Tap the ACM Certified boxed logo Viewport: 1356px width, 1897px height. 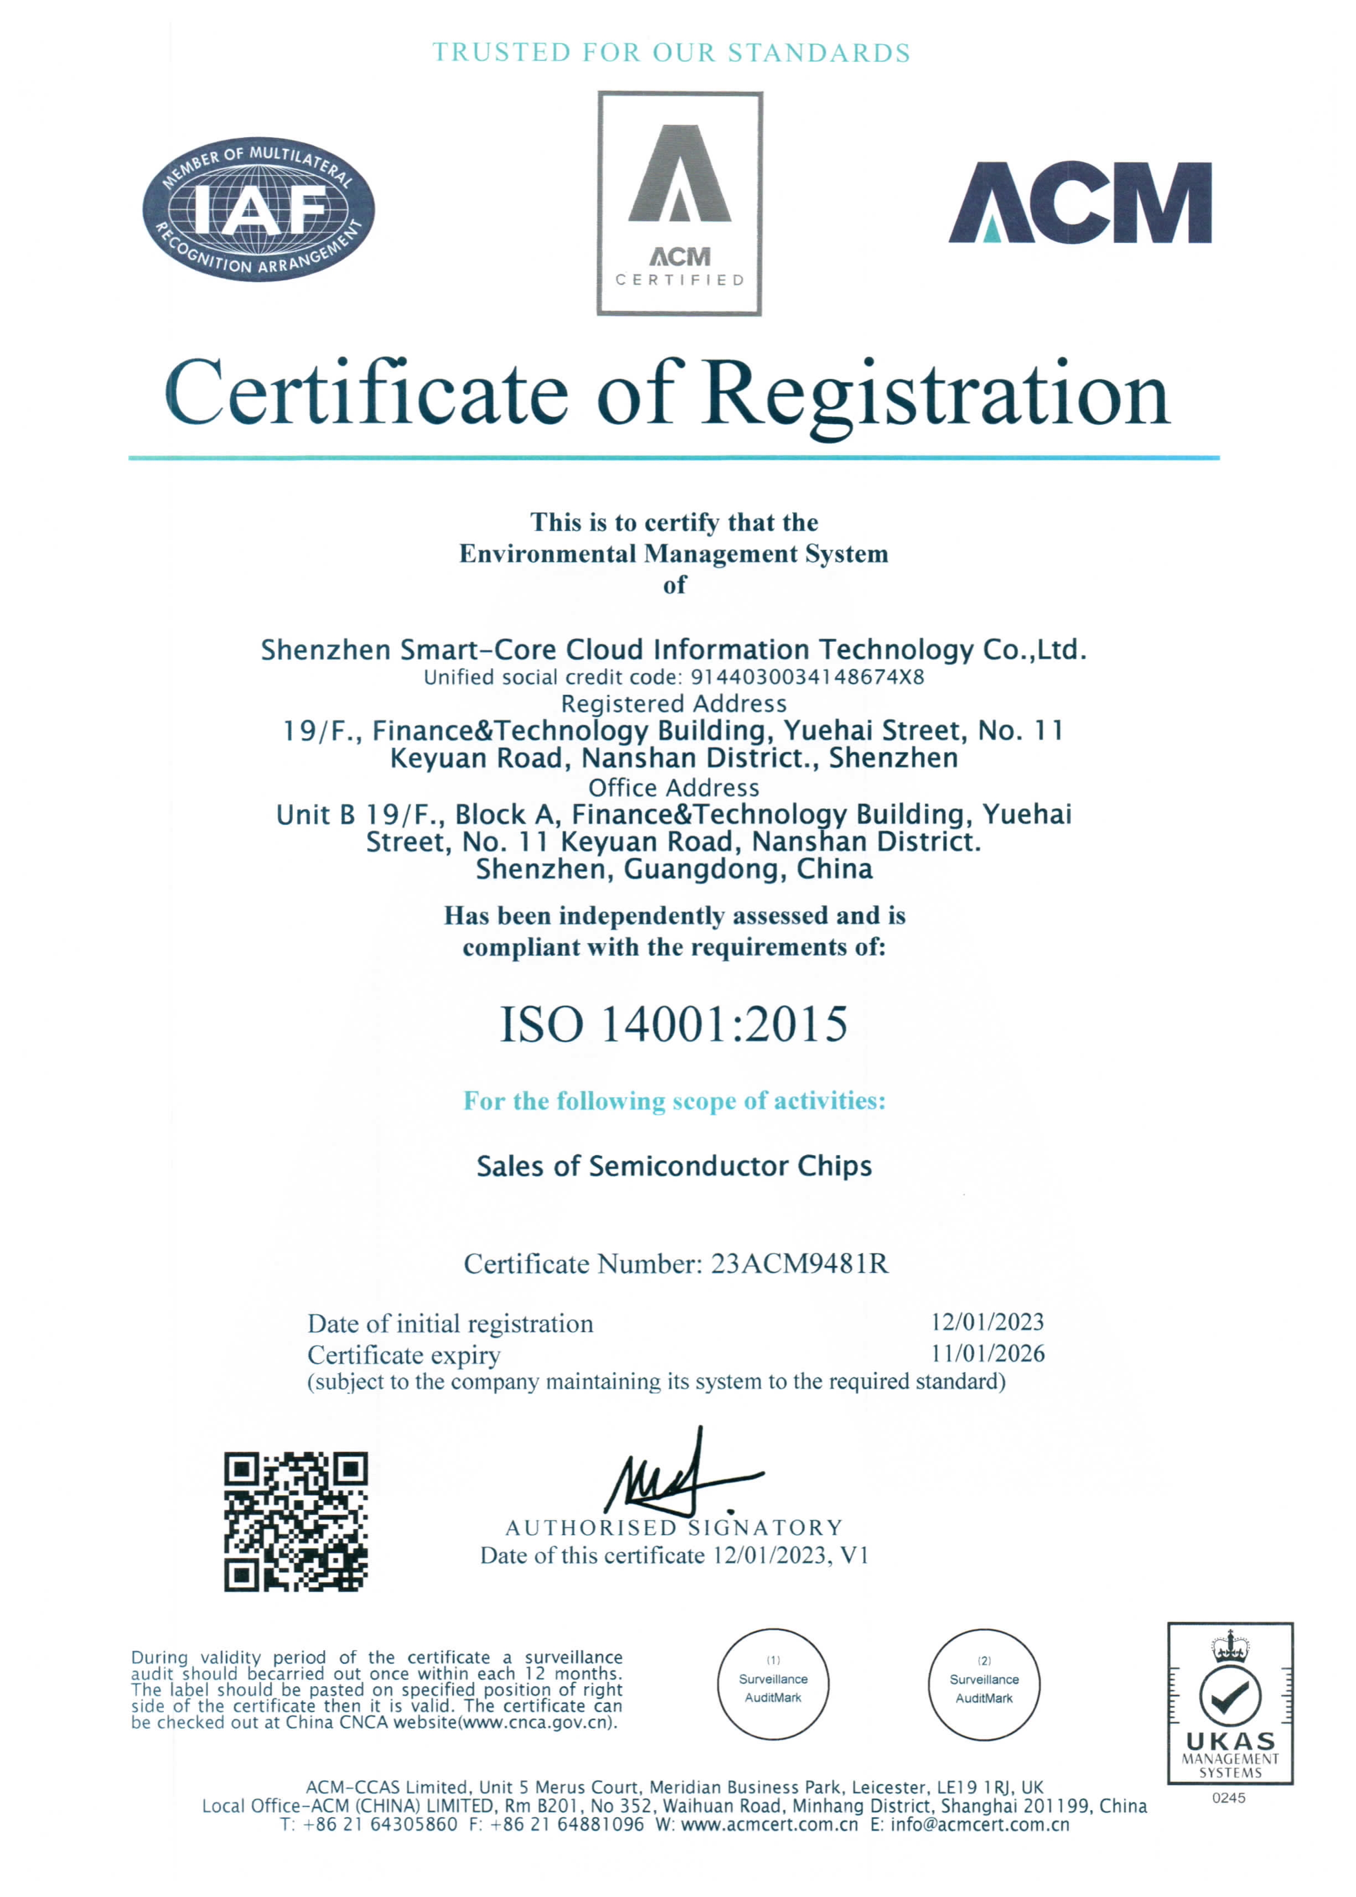pos(680,204)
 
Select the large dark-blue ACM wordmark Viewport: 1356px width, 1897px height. pos(1080,203)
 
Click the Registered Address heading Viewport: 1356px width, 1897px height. pos(674,704)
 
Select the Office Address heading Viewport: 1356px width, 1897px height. pos(674,787)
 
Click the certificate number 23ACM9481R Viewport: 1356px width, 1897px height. pos(799,1264)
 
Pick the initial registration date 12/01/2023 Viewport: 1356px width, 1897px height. pos(987,1322)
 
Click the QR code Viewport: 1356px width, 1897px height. pos(296,1521)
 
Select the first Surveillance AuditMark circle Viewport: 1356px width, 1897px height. pos(773,1684)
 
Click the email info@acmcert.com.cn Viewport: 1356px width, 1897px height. pos(980,1825)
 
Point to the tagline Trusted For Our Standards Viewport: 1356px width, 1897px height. pos(671,53)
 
